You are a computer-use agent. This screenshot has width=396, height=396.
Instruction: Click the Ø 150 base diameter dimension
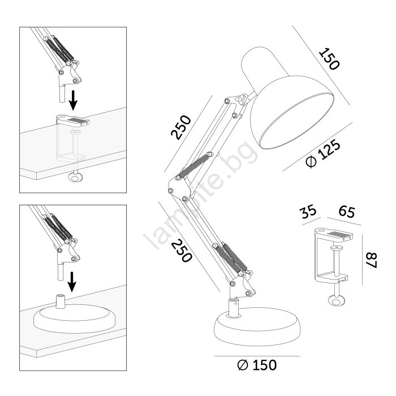pyautogui.click(x=257, y=365)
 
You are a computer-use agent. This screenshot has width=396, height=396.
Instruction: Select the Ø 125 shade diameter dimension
pyautogui.click(x=323, y=153)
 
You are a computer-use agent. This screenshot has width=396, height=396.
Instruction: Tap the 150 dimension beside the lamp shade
pyautogui.click(x=329, y=59)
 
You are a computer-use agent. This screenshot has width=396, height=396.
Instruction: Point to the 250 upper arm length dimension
pyautogui.click(x=181, y=127)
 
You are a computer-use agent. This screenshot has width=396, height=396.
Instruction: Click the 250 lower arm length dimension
pyautogui.click(x=182, y=251)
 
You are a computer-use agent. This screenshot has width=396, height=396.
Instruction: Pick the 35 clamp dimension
pyautogui.click(x=308, y=211)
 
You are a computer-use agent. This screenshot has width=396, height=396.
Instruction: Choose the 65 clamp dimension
pyautogui.click(x=347, y=211)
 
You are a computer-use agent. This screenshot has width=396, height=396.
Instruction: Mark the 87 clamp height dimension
pyautogui.click(x=372, y=260)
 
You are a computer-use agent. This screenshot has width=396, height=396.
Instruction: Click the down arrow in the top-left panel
pyautogui.click(x=73, y=100)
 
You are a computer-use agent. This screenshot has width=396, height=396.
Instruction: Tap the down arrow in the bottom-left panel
pyautogui.click(x=72, y=281)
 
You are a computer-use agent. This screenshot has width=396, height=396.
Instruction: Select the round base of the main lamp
pyautogui.click(x=257, y=327)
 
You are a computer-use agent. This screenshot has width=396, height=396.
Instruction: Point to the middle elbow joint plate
pyautogui.click(x=179, y=188)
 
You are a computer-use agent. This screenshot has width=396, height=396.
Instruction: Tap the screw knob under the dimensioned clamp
pyautogui.click(x=336, y=300)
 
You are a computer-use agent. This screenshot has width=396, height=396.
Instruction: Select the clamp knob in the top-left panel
pyautogui.click(x=75, y=177)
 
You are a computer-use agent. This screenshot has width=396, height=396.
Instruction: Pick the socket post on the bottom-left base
pyautogui.click(x=61, y=301)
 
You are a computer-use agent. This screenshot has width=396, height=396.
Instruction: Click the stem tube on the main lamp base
pyautogui.click(x=234, y=307)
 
